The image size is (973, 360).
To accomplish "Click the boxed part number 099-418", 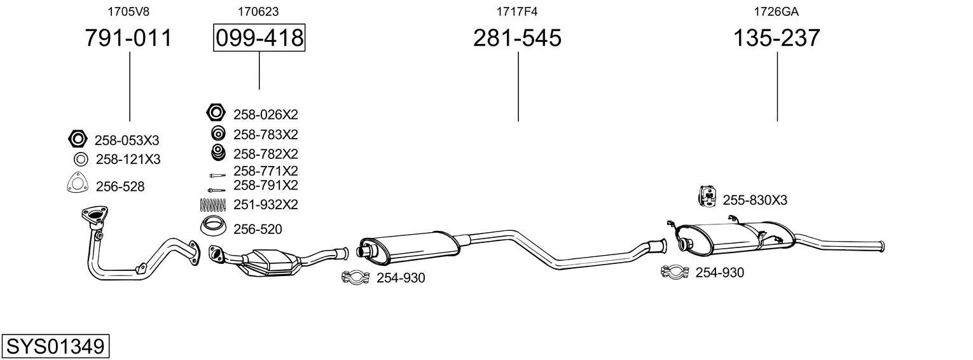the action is click(259, 38).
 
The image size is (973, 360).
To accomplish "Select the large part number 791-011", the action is click(128, 38).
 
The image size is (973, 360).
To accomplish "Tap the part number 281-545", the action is click(517, 38).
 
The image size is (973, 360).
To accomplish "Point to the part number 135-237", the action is click(776, 38).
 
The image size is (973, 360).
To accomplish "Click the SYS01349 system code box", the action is click(55, 346).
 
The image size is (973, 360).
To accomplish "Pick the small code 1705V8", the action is click(128, 11).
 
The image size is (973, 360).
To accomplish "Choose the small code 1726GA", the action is click(776, 11).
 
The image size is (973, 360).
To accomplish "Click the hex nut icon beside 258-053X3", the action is click(78, 139).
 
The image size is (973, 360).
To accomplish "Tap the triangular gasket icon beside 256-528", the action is click(78, 183).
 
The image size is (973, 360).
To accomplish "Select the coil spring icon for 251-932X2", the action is click(213, 205).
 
